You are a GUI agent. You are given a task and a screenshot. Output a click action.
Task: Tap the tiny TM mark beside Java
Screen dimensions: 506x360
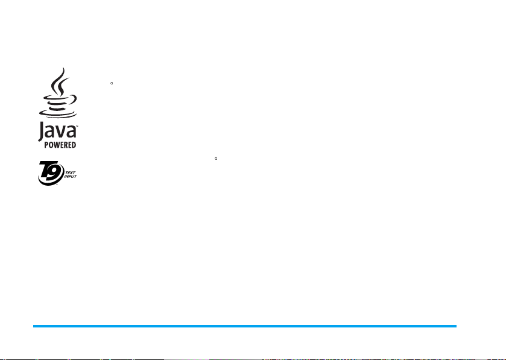tap(77, 127)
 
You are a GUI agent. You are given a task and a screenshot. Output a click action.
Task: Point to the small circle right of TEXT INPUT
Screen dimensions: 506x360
tap(216, 159)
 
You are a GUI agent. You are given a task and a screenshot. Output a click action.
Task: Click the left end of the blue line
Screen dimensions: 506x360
tap(34, 326)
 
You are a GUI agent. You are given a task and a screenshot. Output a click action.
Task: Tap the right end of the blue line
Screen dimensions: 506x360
tap(456, 326)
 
